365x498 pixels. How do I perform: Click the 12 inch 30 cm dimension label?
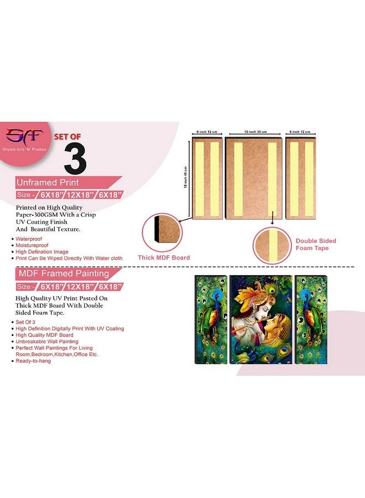pyautogui.click(x=255, y=132)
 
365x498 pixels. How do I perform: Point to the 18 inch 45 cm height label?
pyautogui.click(x=186, y=178)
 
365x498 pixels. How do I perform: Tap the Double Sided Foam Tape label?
pyautogui.click(x=316, y=245)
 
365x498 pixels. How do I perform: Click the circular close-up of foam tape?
pyautogui.click(x=272, y=244)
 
